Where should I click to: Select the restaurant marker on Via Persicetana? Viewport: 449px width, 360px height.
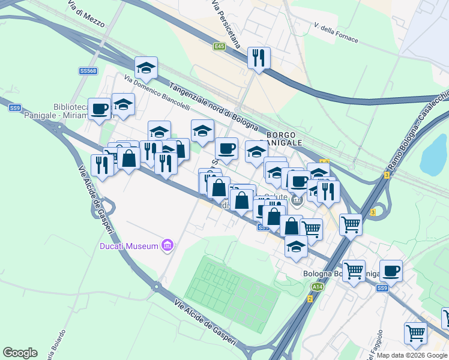(x=259, y=58)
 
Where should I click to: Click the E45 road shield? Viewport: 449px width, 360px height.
(x=219, y=46)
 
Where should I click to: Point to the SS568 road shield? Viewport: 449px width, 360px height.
(x=88, y=71)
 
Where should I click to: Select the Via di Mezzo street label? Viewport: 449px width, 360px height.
(x=86, y=16)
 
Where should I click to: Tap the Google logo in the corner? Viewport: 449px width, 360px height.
(x=20, y=353)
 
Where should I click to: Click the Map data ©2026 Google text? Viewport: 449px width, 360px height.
(x=412, y=355)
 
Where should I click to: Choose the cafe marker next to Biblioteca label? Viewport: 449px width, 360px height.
(x=100, y=109)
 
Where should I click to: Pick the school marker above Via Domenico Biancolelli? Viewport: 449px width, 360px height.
(x=146, y=68)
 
